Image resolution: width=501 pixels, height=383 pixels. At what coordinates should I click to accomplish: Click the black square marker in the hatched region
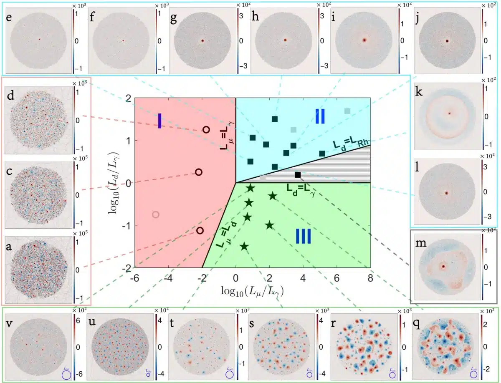(298, 175)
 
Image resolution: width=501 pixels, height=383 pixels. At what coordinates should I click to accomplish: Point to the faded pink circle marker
(156, 214)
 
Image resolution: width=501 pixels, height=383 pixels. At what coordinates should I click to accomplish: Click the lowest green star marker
(245, 247)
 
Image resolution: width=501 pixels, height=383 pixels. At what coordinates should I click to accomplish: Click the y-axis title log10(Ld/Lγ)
(113, 182)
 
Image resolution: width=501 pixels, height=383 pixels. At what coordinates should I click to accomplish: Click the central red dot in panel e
(39, 40)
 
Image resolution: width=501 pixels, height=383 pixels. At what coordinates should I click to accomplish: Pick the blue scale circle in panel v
(66, 375)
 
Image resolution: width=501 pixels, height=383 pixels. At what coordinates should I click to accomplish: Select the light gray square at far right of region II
(347, 111)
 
